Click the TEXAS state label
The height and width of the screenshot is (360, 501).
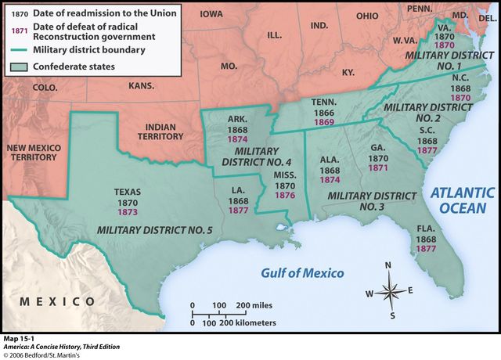click(128, 191)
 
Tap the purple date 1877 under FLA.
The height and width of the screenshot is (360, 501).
click(427, 249)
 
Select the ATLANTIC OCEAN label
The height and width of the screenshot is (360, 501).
click(462, 200)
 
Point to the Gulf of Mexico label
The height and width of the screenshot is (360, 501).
click(302, 272)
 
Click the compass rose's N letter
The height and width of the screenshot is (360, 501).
click(389, 265)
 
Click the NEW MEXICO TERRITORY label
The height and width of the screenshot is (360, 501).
click(31, 152)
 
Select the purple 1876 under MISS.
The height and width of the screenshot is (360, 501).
click(285, 196)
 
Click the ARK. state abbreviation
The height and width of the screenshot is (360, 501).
click(236, 119)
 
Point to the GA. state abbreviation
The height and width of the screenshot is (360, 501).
click(377, 148)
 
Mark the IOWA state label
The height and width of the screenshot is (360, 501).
click(211, 14)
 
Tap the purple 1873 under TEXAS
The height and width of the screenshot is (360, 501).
click(128, 211)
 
